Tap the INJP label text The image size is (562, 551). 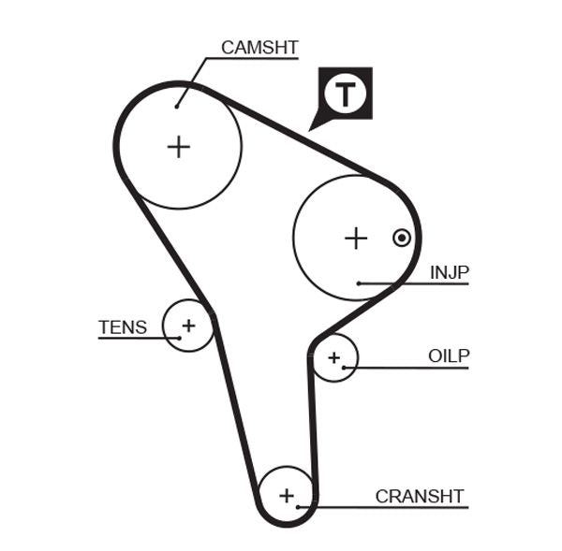coord(449,272)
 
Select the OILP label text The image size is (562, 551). coord(448,355)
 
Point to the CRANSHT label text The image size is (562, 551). coord(419,496)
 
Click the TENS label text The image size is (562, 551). coord(123,327)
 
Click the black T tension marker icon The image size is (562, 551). coord(346,94)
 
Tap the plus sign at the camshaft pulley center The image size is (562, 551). coord(178,146)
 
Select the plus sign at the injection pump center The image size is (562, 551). coord(355,239)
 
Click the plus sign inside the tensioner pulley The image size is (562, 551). coord(188,326)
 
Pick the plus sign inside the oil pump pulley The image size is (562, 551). coord(333,356)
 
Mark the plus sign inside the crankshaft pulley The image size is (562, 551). coord(287,494)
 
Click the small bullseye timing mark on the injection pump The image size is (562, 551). coord(401,238)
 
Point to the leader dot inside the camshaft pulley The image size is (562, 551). coord(176,107)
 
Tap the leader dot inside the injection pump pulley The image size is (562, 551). coord(358,283)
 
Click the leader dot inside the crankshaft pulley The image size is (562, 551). coord(299,507)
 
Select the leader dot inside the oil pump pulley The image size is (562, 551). coord(345,368)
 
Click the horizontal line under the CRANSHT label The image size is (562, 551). coord(393,508)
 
